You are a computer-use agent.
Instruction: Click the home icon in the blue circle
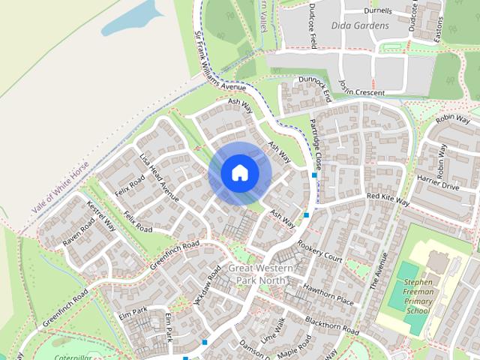[239, 172]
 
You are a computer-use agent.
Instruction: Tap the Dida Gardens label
[360, 25]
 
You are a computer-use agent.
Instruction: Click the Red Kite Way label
[388, 199]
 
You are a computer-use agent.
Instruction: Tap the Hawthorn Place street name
[328, 294]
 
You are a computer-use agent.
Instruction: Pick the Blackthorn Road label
[331, 325]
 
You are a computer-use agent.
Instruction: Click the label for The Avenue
[379, 271]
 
